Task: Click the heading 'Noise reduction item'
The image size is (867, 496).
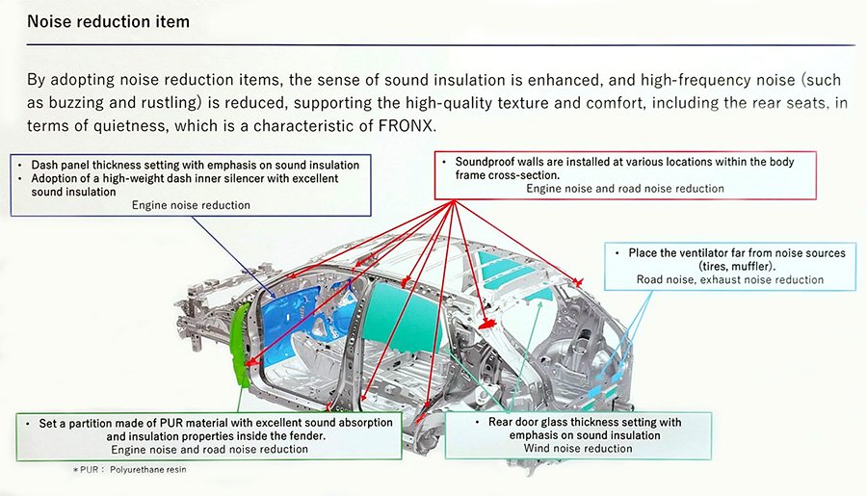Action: coord(108,20)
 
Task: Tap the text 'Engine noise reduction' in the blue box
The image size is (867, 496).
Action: coord(191,205)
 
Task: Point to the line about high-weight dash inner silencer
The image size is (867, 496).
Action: coord(183,179)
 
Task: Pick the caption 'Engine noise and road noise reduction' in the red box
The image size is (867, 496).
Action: coord(624,189)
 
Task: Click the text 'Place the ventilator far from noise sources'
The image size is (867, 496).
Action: coord(736,252)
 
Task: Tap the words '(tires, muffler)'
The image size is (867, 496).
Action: coord(730,266)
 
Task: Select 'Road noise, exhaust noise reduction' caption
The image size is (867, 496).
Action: coord(730,280)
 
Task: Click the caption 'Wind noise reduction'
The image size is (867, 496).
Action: coord(578,449)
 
